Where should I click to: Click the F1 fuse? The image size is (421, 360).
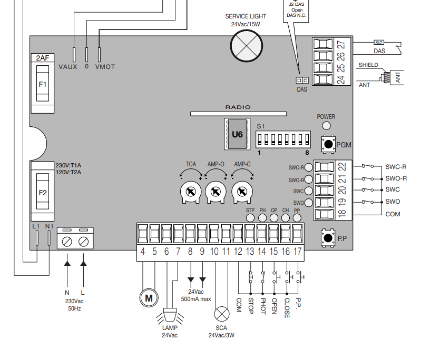(x=43, y=84)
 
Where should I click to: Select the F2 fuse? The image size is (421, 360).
(x=43, y=191)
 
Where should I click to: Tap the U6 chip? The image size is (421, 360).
(x=237, y=134)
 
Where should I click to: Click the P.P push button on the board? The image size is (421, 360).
(x=328, y=238)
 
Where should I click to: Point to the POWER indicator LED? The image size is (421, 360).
(x=326, y=126)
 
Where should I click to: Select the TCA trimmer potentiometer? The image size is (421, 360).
(x=191, y=192)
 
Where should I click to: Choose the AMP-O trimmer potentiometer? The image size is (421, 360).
(x=216, y=192)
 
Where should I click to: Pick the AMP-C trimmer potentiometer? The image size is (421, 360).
(x=242, y=192)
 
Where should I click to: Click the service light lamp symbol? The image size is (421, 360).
(x=246, y=46)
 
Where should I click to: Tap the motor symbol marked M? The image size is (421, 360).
(x=149, y=298)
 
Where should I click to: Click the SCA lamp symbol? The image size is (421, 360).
(x=222, y=314)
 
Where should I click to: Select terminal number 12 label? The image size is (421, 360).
(x=238, y=252)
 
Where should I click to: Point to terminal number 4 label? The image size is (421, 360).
(x=143, y=252)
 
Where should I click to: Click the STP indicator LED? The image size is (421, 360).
(x=250, y=218)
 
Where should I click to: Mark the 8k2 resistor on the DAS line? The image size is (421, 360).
(x=378, y=43)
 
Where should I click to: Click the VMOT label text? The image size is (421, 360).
(x=105, y=67)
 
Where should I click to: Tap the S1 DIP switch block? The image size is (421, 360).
(x=283, y=139)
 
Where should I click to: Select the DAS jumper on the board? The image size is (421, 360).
(x=302, y=80)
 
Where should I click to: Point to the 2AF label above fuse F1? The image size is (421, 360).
(x=43, y=58)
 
